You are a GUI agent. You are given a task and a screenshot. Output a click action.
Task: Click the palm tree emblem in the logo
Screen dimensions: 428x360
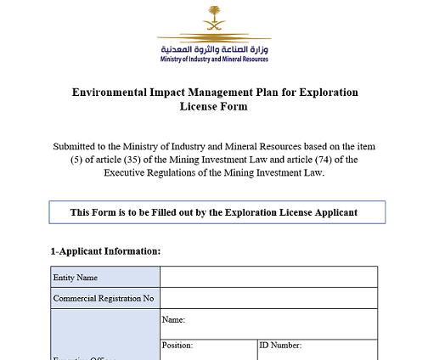[x=214, y=19]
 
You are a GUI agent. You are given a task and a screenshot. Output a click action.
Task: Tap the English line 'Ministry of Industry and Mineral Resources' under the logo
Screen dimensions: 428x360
[x=214, y=59]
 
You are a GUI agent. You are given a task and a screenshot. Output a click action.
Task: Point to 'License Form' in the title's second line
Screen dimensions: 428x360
[x=214, y=107]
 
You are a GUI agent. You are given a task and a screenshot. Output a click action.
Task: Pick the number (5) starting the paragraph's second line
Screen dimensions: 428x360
[x=61, y=160]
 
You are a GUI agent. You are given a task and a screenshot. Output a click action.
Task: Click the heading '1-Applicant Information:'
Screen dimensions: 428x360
[x=105, y=251]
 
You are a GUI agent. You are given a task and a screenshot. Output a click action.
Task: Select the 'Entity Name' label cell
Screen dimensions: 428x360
[x=75, y=278]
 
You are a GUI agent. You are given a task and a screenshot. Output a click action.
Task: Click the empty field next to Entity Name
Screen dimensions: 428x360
[x=268, y=277]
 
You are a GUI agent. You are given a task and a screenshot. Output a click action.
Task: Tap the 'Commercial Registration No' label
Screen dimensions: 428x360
[x=103, y=299]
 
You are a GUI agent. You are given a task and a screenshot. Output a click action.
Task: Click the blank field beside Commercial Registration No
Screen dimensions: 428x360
[x=268, y=298]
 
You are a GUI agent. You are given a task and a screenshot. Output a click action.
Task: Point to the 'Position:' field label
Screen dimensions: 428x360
[x=177, y=346]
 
